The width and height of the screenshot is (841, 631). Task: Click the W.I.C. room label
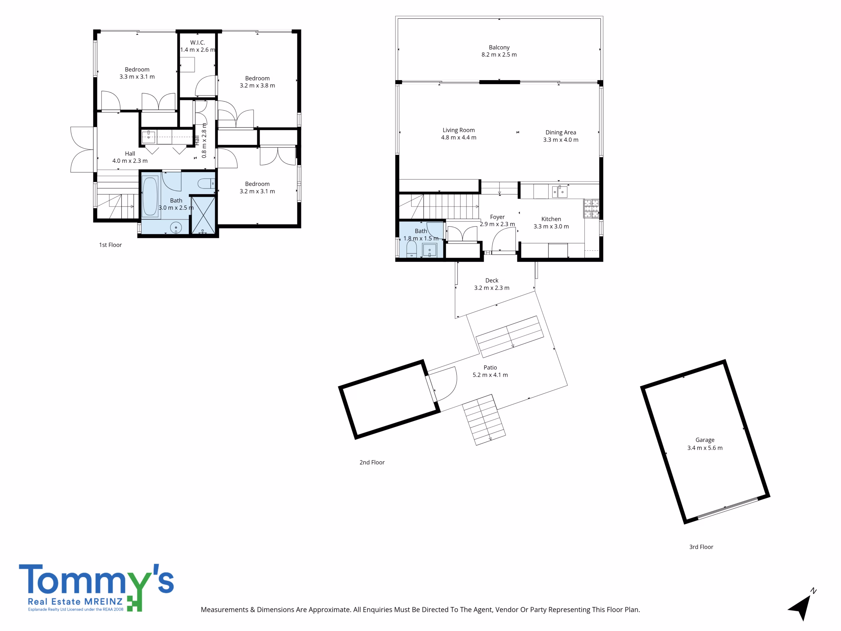click(197, 43)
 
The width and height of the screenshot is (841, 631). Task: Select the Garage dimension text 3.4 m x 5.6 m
click(705, 448)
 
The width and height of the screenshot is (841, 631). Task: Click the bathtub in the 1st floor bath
click(150, 196)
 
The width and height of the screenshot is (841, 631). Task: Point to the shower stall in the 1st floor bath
click(203, 215)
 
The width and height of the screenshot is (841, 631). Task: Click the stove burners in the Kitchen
click(591, 208)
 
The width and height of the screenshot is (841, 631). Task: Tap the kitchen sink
click(560, 192)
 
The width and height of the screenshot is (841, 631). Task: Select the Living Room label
click(459, 130)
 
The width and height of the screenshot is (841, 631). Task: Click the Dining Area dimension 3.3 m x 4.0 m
click(561, 140)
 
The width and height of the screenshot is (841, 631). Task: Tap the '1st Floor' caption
click(110, 245)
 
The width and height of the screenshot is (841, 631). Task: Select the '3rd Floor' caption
click(701, 547)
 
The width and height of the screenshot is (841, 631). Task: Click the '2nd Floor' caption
click(372, 462)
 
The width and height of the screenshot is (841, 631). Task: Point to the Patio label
click(490, 367)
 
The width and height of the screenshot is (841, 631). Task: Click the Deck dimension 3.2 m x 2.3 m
click(491, 288)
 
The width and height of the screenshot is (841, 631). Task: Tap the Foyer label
click(497, 217)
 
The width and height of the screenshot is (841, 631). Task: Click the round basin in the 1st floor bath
click(176, 227)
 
